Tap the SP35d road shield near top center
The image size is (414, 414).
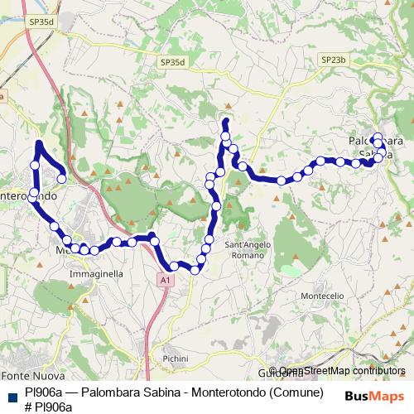173,62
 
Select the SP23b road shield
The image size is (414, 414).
332,60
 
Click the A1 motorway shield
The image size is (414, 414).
166,282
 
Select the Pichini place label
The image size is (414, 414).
176,359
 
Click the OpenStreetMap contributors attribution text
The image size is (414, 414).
342,371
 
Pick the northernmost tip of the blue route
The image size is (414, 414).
224,121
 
